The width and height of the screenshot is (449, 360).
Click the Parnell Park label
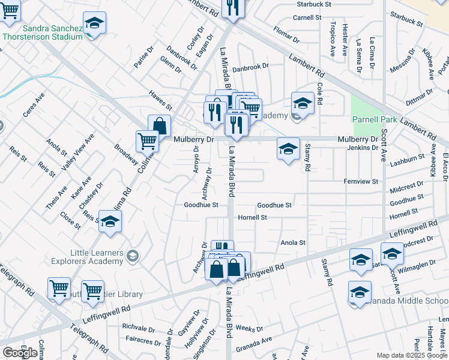[x=375, y=120]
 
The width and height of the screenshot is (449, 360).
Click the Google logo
[x=20, y=353]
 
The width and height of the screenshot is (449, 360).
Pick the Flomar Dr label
[x=286, y=35]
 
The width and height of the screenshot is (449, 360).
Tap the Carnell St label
[x=308, y=17]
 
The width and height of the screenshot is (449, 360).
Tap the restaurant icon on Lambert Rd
[x=231, y=7]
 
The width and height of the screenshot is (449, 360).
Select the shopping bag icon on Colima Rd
[x=160, y=126]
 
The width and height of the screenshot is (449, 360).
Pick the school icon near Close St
[x=109, y=223]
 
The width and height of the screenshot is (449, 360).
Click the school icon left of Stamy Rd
[x=288, y=149]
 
